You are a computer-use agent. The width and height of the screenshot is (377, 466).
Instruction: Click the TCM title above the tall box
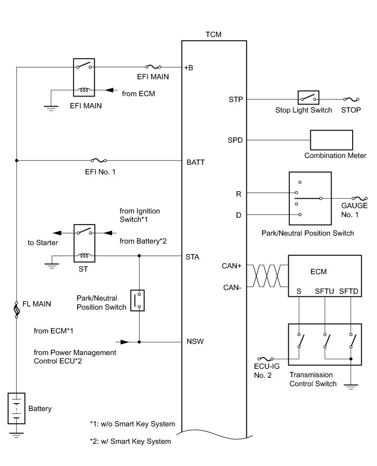[214, 34]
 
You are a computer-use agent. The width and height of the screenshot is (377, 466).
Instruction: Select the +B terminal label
[188, 68]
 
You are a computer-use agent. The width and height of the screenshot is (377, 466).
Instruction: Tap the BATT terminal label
[196, 162]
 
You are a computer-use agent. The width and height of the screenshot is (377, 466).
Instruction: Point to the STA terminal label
[192, 257]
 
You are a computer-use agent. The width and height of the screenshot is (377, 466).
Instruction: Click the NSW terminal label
[195, 341]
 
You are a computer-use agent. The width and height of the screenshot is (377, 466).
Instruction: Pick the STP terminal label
[236, 99]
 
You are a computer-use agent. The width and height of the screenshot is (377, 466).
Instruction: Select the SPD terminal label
[235, 140]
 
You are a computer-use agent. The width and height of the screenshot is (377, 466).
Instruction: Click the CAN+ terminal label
[231, 266]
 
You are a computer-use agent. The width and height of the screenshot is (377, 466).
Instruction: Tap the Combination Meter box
[332, 140]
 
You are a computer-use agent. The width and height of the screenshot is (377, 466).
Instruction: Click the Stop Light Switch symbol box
[308, 98]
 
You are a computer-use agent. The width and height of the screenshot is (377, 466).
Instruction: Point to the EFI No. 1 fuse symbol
[99, 161]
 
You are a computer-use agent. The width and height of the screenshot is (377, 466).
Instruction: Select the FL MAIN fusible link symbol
[16, 310]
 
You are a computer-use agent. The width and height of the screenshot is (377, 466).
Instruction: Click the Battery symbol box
[16, 408]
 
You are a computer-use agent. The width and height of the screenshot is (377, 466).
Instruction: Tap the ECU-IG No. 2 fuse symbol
[265, 359]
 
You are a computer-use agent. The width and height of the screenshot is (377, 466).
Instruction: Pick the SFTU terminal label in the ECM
[324, 291]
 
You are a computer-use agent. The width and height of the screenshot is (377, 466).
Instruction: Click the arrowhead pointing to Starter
[57, 233]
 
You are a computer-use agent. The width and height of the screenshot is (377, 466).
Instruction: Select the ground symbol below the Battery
[16, 435]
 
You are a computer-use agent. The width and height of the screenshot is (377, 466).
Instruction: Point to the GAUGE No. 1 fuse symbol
[360, 198]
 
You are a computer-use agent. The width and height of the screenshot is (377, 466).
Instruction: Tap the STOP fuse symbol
[352, 99]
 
